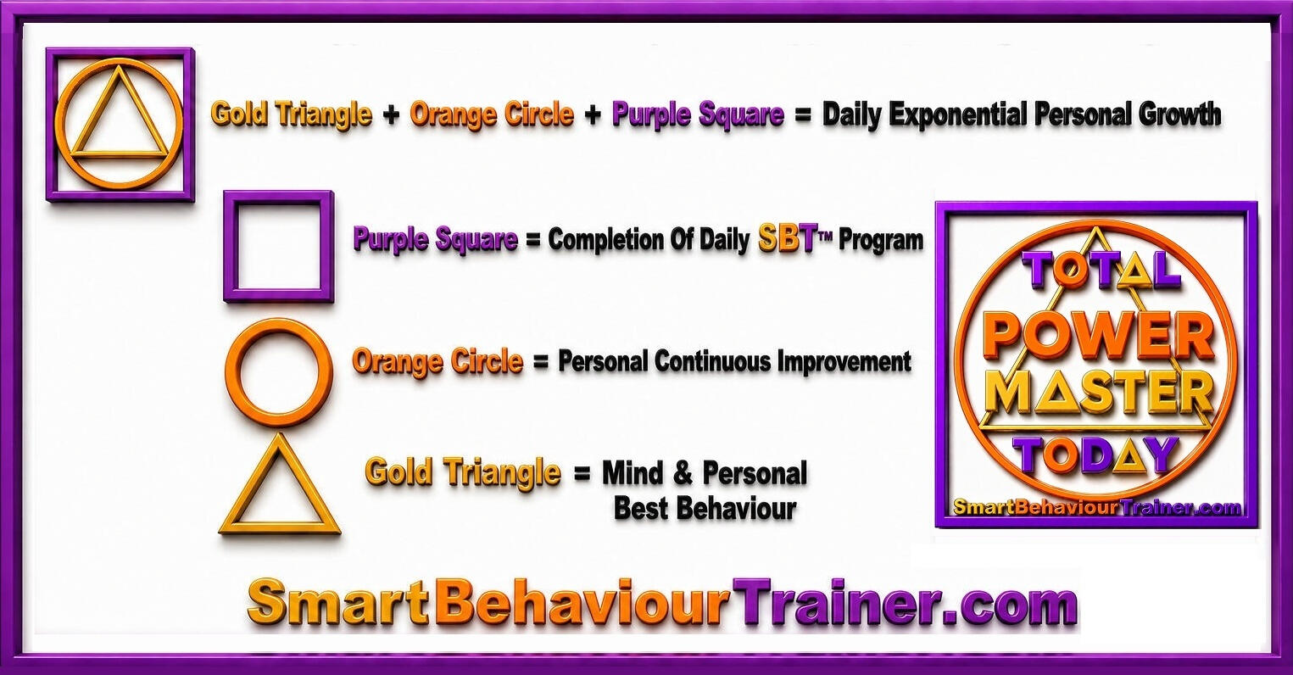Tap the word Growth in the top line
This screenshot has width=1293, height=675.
[1180, 113]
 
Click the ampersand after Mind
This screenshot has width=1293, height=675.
[683, 473]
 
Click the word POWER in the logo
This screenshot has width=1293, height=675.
[1099, 336]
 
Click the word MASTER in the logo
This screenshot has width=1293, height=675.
[1101, 393]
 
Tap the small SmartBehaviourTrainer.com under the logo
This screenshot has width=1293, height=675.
[1097, 507]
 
